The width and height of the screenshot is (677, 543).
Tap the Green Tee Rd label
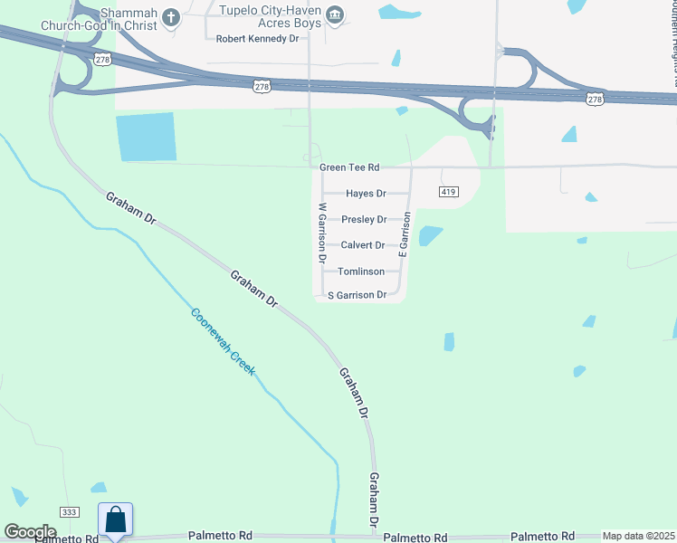coord(348,167)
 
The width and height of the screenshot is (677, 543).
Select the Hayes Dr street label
coord(366,194)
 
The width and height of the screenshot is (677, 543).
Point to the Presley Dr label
coord(364,220)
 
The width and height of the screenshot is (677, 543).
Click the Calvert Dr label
coord(362,245)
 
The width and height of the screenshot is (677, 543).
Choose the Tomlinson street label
coord(361,271)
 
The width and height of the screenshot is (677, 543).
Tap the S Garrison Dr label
coord(357,295)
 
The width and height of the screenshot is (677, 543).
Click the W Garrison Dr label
coord(321,232)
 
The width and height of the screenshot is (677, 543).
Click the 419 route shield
coord(450,192)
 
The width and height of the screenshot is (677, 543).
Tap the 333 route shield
coord(69,512)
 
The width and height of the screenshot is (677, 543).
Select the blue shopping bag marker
coord(115,520)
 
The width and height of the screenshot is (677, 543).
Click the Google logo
coord(30,532)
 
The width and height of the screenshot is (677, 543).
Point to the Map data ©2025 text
coord(639,536)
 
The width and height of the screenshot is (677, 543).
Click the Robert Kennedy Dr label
coord(257,39)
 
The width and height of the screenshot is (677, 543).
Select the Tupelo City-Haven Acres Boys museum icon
coord(336,14)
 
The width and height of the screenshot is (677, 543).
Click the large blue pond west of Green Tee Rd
coord(146,138)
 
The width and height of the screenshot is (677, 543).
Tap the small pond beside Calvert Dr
coord(431,235)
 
